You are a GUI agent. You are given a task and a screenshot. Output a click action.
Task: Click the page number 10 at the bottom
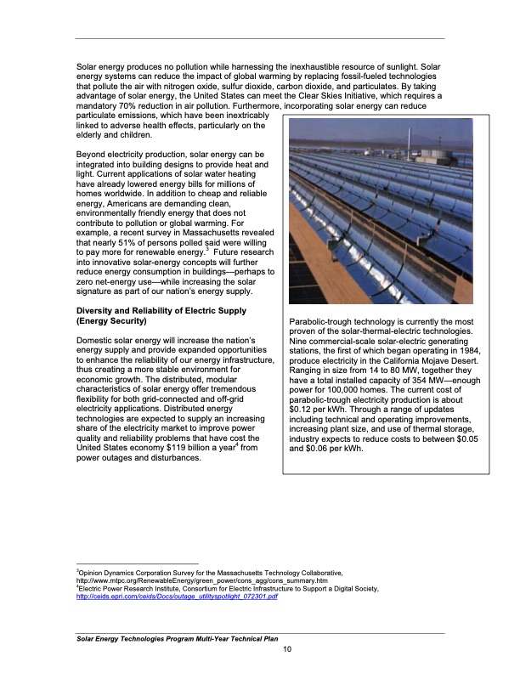[x=288, y=650]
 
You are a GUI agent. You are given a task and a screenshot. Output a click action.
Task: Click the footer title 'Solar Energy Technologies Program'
[x=134, y=638]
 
